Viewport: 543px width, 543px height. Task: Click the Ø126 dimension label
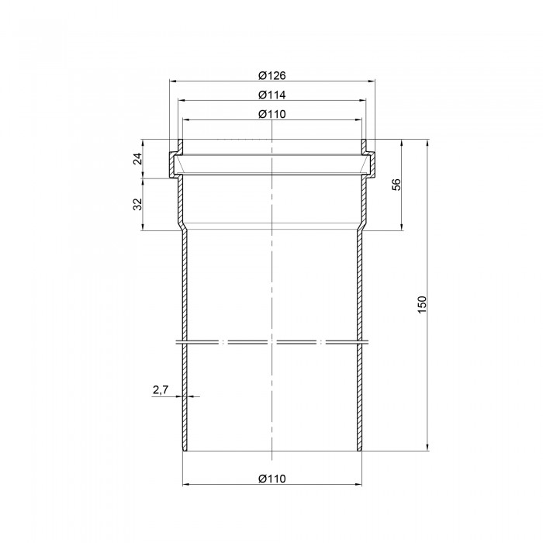272,75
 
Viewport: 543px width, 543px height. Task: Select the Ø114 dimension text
272,95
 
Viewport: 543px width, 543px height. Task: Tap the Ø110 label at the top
272,114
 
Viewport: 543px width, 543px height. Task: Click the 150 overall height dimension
423,305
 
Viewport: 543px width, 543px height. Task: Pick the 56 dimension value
396,185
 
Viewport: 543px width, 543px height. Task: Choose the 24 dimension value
138,158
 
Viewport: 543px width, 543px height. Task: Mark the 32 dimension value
138,204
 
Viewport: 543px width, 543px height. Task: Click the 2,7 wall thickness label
161,390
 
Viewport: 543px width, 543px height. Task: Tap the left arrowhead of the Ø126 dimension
173,81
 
